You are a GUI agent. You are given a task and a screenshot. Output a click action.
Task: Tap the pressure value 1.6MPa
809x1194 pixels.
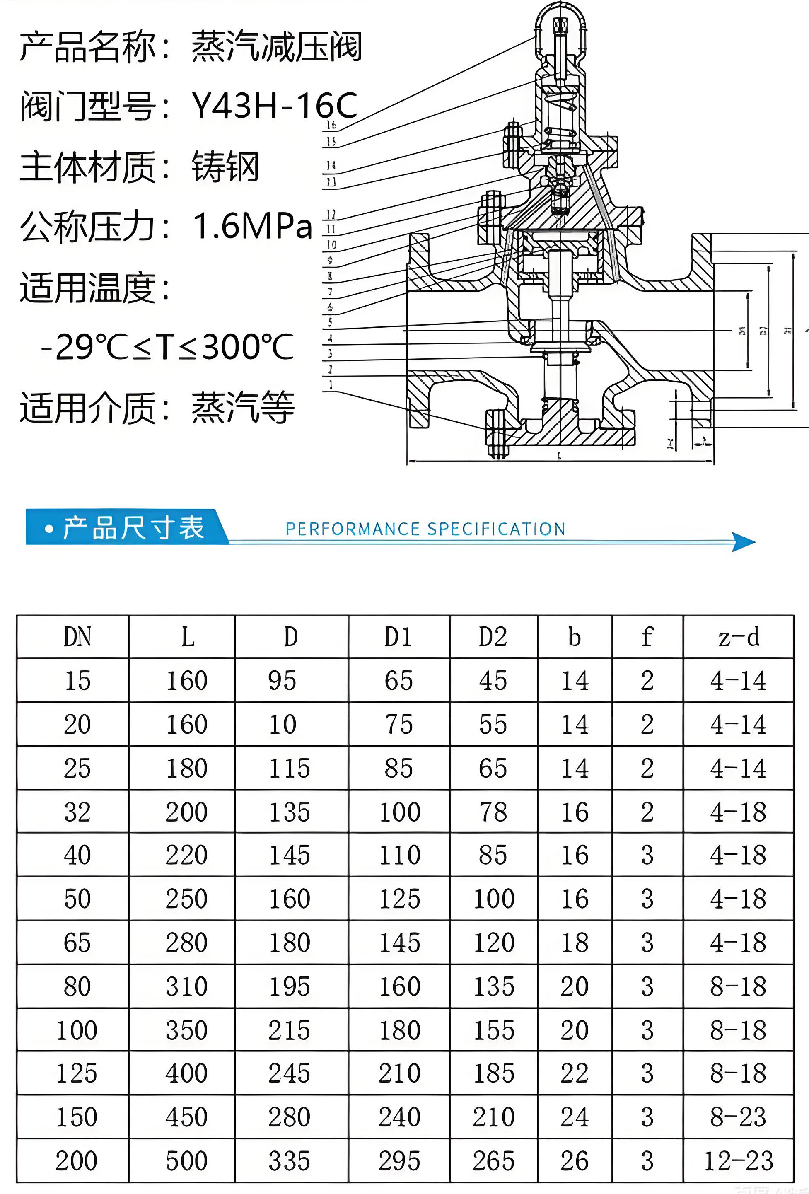(x=252, y=226)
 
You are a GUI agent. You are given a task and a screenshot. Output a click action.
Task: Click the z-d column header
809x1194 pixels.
(x=738, y=637)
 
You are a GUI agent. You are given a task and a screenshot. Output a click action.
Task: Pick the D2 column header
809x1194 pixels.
(x=493, y=637)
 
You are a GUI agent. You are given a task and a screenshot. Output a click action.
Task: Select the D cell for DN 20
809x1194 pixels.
(x=283, y=725)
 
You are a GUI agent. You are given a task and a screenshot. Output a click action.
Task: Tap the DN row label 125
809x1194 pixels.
(x=77, y=1074)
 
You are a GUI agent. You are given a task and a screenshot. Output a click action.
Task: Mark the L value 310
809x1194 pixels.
(x=186, y=986)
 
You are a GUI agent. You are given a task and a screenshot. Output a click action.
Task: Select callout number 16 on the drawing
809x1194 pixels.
(x=331, y=124)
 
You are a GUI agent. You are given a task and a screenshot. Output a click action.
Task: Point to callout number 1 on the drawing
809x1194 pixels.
(x=331, y=384)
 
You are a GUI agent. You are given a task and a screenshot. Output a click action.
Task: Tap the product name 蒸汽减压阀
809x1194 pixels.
(x=277, y=47)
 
